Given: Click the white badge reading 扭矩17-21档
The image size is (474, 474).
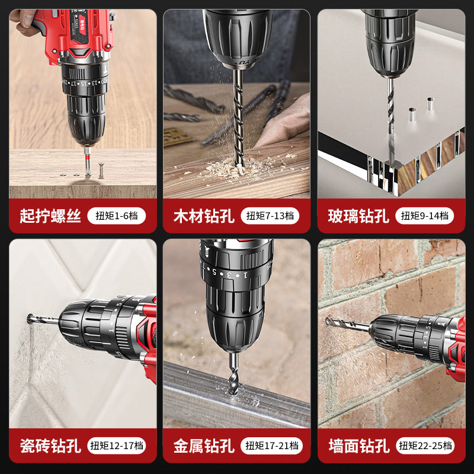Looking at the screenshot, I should [272, 446].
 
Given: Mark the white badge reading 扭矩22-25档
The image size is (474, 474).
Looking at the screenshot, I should [426, 446].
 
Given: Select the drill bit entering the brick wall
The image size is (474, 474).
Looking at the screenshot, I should [347, 324].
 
